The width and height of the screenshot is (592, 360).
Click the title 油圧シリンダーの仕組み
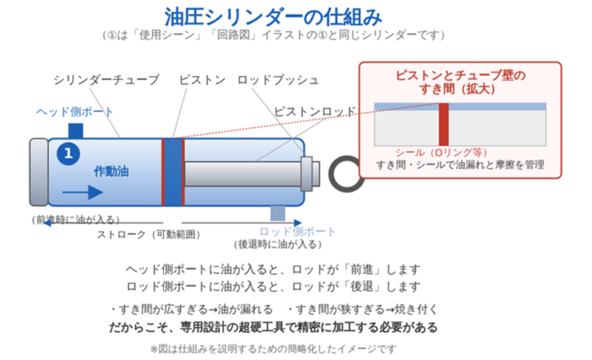[x=273, y=17]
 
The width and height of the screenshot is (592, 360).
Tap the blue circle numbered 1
[x=69, y=154]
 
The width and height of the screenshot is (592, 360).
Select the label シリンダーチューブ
[x=106, y=80]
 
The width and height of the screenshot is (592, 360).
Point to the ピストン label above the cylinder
[x=202, y=80]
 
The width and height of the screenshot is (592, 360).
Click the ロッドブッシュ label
[x=278, y=80]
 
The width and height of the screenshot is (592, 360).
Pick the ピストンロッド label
[x=315, y=112]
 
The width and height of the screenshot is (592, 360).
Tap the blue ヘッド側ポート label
[x=74, y=112]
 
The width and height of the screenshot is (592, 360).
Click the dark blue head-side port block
[x=75, y=131]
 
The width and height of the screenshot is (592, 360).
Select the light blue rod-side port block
[x=278, y=213]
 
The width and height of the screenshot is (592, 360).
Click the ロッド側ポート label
[x=297, y=232]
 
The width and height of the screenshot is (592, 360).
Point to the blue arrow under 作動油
[x=83, y=192]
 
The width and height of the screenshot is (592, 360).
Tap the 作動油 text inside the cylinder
[x=112, y=172]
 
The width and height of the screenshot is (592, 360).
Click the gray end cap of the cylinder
[x=39, y=172]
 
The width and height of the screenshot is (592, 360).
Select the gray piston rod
[x=243, y=174]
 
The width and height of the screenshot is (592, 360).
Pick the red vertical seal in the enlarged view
[x=444, y=124]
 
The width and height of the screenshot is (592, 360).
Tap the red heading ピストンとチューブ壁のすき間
[x=460, y=82]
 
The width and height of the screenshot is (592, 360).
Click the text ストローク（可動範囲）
[x=148, y=234]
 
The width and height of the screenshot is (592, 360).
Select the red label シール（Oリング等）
[x=441, y=152]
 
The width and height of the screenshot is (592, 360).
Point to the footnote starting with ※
[x=273, y=349]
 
